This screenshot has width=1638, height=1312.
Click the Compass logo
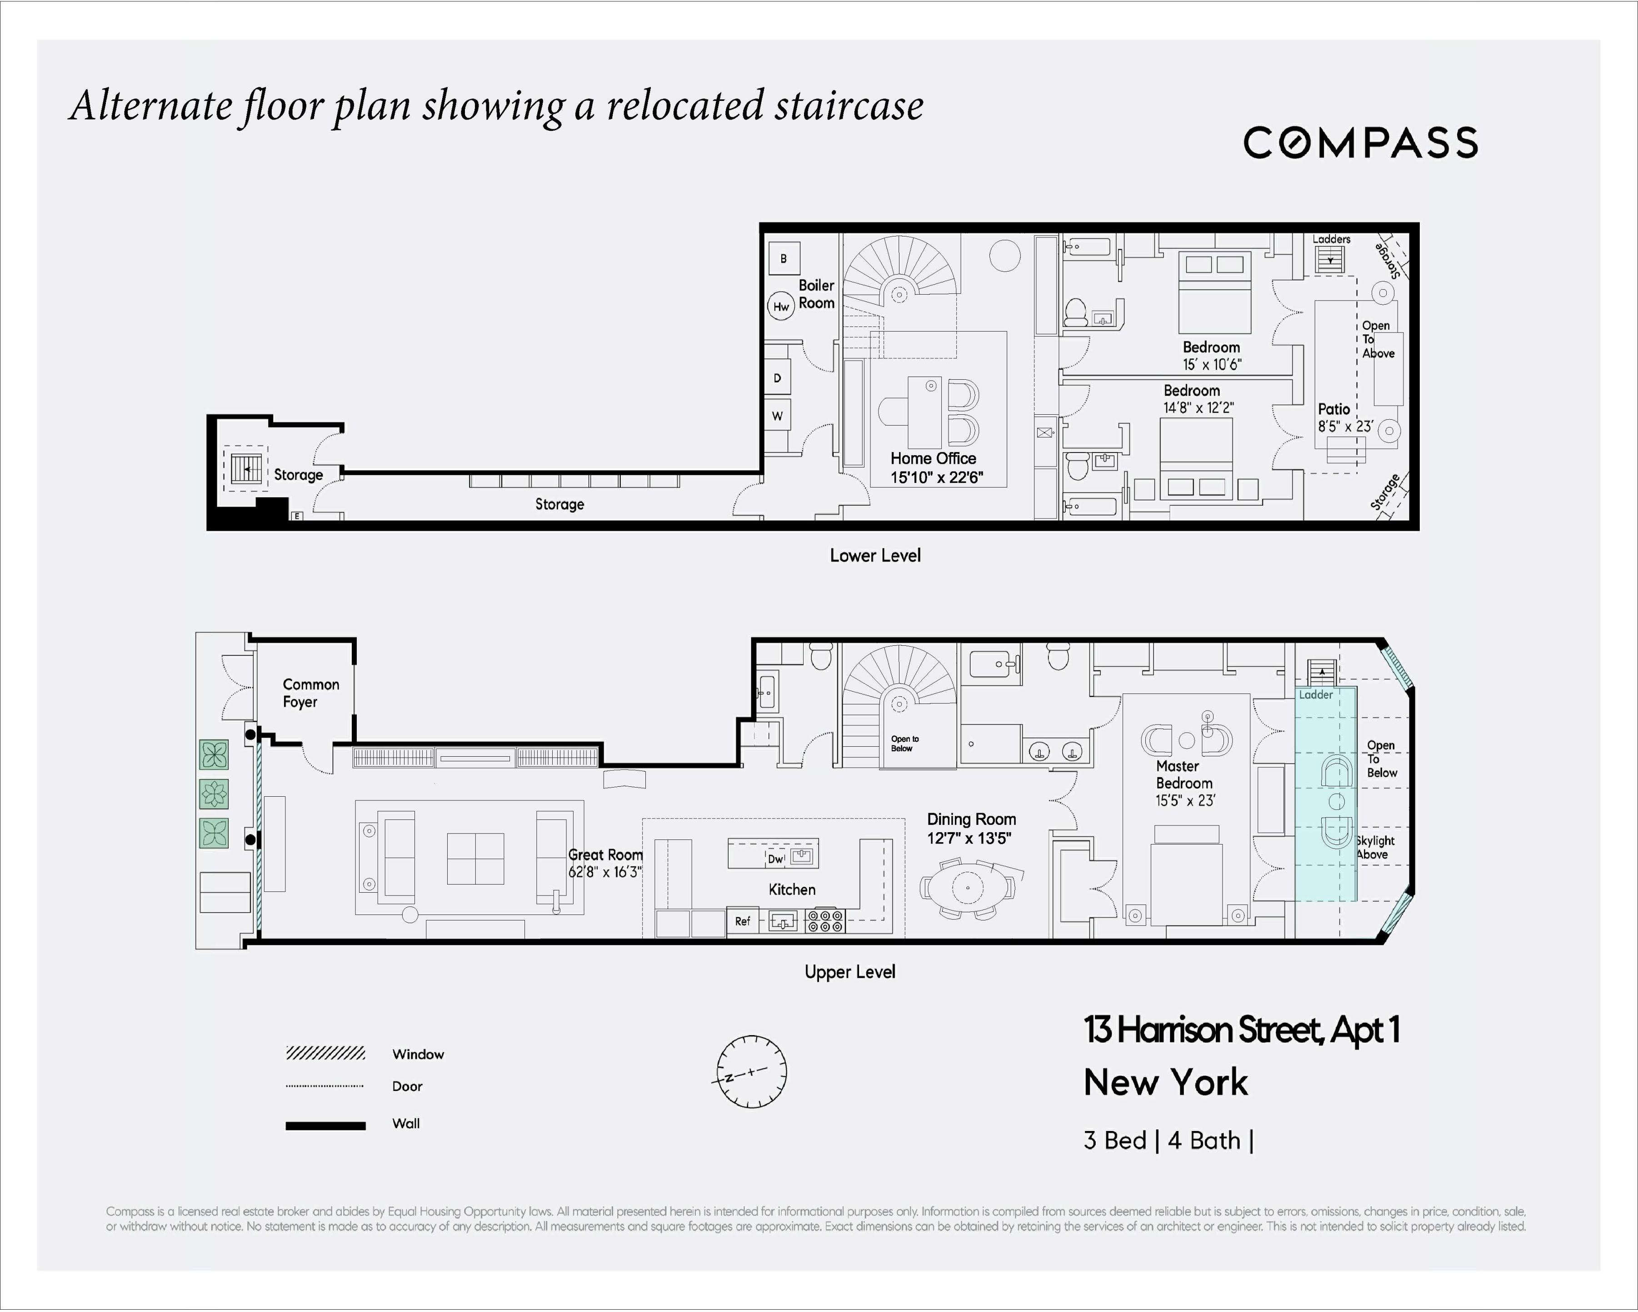click(1359, 143)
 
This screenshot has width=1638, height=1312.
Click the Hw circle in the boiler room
click(781, 307)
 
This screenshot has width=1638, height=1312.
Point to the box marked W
click(777, 416)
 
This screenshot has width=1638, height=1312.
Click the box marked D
click(777, 378)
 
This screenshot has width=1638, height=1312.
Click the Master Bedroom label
click(1184, 774)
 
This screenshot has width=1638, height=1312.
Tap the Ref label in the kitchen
click(742, 921)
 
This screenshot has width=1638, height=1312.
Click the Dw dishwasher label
click(775, 859)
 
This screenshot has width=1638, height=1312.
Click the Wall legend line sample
click(325, 1126)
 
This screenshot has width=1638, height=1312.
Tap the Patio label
click(1333, 409)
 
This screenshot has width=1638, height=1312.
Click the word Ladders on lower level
click(1331, 239)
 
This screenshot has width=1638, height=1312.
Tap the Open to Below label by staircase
click(904, 744)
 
